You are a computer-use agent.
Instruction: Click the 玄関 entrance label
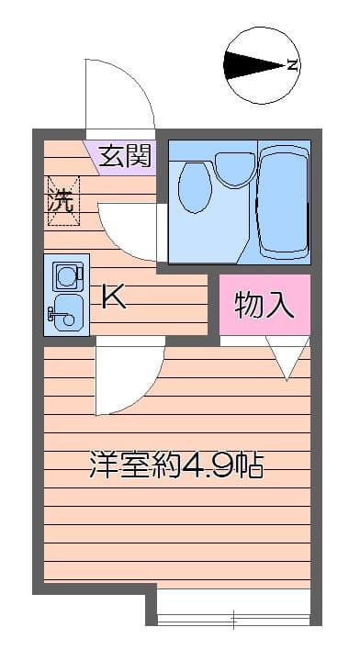tap(125, 156)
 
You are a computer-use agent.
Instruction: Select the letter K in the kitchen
tap(114, 297)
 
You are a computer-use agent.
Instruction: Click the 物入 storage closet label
tap(264, 305)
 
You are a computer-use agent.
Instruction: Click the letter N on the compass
tap(293, 65)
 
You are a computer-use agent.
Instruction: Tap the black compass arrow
tap(253, 65)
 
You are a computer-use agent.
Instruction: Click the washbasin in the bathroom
tap(235, 169)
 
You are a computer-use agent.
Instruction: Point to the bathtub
tap(283, 203)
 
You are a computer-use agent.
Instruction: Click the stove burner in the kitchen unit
tap(67, 276)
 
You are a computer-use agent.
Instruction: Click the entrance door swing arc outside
tap(139, 80)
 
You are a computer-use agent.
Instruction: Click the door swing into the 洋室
tap(143, 392)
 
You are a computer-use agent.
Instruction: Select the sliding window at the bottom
tap(233, 621)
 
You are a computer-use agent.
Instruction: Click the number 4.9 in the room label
tap(201, 465)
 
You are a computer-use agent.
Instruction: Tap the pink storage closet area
tap(264, 305)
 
